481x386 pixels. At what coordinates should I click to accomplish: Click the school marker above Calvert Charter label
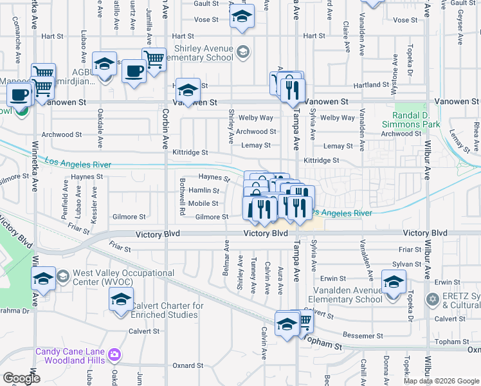(x=121, y=299)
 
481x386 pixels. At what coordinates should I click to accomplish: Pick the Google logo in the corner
(x=21, y=378)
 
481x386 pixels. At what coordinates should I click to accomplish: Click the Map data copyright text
(x=441, y=381)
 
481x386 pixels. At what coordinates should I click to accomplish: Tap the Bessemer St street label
(x=363, y=336)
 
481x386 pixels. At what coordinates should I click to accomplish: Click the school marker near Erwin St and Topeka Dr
(x=394, y=282)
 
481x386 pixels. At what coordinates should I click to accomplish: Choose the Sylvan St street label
(x=409, y=264)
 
